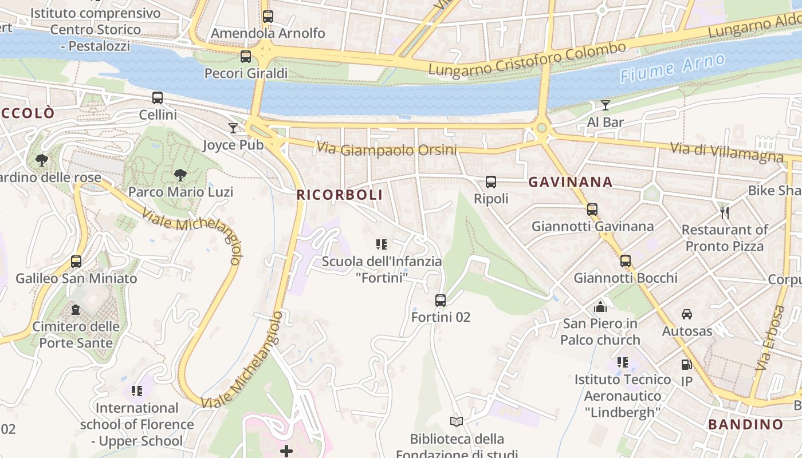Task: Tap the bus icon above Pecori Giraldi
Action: (x=246, y=56)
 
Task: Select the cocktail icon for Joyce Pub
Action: (x=233, y=128)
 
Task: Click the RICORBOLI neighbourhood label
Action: (x=340, y=195)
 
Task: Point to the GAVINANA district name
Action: (x=570, y=182)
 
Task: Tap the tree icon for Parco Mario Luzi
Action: (x=180, y=175)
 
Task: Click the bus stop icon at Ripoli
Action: (x=491, y=182)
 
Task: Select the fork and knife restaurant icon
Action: (x=725, y=213)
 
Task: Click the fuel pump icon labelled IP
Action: (x=686, y=364)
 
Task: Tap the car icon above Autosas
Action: (x=687, y=314)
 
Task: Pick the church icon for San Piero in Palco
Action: (x=600, y=307)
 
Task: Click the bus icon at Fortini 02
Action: (x=441, y=300)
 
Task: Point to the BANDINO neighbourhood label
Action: (x=745, y=424)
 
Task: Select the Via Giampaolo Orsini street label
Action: (x=387, y=149)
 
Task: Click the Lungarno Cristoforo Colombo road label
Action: (x=527, y=59)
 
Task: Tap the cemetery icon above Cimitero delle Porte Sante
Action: (x=76, y=310)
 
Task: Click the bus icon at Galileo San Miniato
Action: (x=76, y=262)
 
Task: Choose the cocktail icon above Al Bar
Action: (x=605, y=105)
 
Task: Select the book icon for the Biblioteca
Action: (x=457, y=421)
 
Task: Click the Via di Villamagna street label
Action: (x=726, y=152)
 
